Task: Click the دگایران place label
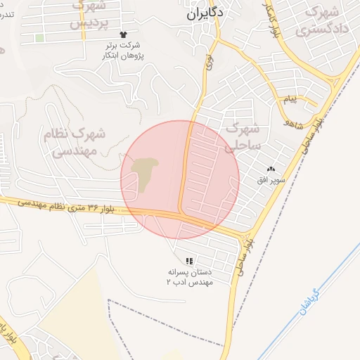[x=205, y=13]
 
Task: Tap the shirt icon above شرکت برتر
[x=124, y=34]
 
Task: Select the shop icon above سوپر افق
[x=271, y=169]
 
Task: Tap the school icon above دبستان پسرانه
[x=188, y=260]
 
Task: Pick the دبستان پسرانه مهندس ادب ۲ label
[x=188, y=276]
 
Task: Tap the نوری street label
[x=209, y=62]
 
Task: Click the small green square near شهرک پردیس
[x=39, y=38]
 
